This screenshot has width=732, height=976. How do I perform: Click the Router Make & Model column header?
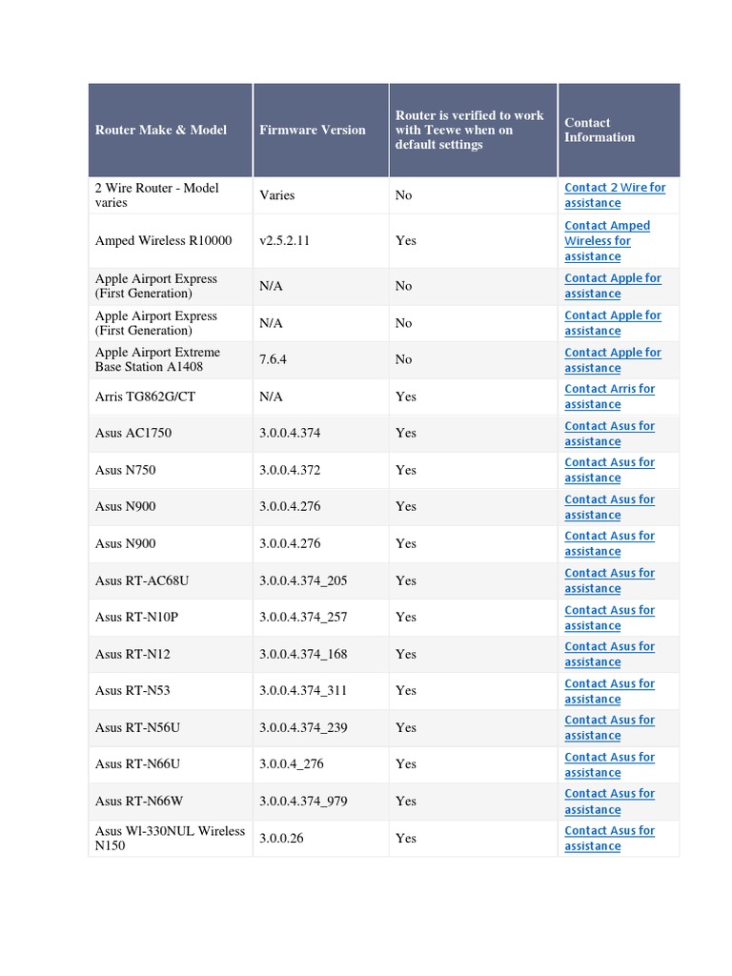[x=161, y=130]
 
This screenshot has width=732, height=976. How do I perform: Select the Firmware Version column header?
[x=312, y=130]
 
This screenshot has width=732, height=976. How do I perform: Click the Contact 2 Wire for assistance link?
[x=615, y=195]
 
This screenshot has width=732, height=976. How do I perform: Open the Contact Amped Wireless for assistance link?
[x=607, y=241]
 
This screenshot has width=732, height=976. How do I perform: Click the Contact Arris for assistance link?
[x=609, y=396]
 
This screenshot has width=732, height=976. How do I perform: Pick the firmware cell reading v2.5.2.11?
[x=284, y=241]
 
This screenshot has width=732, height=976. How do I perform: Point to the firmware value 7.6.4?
[x=274, y=359]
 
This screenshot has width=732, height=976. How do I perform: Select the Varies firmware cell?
[x=276, y=195]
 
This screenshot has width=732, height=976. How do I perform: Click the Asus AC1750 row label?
[x=133, y=433]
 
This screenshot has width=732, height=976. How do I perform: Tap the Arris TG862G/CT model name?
[x=145, y=396]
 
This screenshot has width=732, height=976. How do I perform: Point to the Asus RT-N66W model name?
[x=139, y=802]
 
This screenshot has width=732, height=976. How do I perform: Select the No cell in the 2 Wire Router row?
[x=403, y=195]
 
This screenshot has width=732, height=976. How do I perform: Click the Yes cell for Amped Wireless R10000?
[x=406, y=241]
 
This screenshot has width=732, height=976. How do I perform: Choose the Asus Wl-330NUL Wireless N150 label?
[x=170, y=838]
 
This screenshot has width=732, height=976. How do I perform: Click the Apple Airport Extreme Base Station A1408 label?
[x=156, y=359]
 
